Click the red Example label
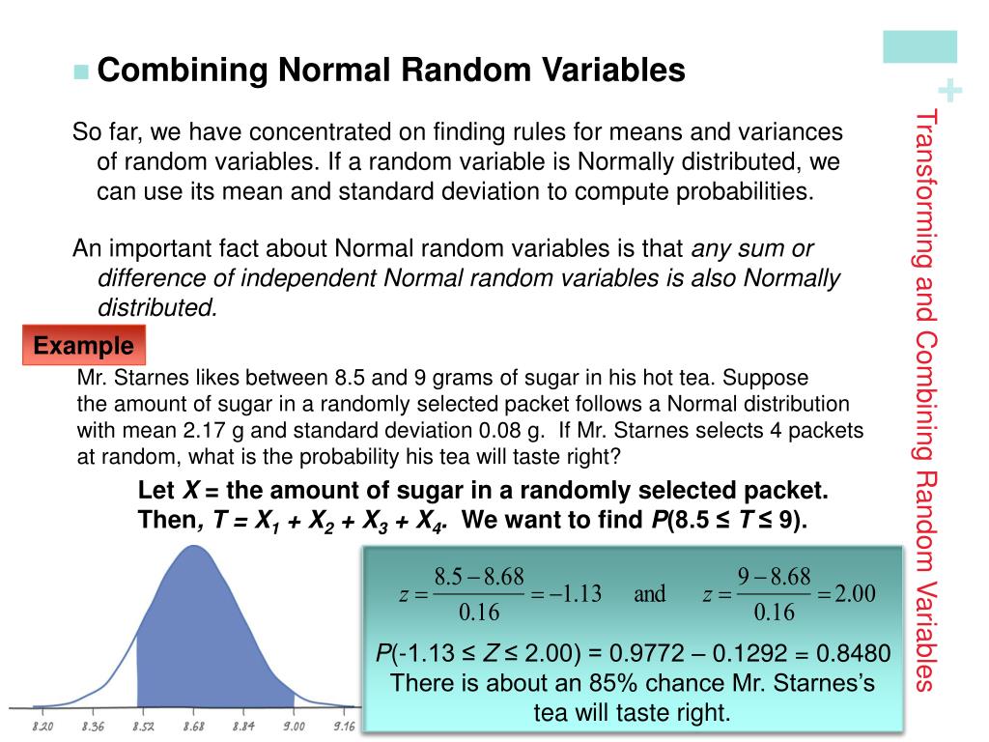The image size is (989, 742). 83,346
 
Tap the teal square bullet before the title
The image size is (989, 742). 80,71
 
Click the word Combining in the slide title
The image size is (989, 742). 184,71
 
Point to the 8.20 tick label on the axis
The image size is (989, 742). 44,726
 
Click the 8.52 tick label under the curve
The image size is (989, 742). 144,726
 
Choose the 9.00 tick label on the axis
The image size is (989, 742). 294,726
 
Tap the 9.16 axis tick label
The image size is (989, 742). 344,726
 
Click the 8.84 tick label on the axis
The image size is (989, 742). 244,726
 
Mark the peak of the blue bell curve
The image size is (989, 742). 194,548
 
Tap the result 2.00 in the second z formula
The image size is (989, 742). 855,594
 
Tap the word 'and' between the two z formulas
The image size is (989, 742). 649,594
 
